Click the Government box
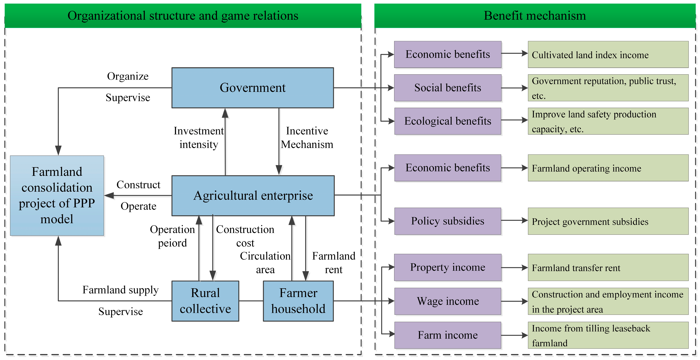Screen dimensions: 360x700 pyautogui.click(x=253, y=88)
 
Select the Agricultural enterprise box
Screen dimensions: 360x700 pyautogui.click(x=253, y=195)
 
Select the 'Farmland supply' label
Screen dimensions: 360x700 pyautogui.click(x=120, y=290)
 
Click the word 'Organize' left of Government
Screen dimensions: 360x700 pyautogui.click(x=128, y=76)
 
